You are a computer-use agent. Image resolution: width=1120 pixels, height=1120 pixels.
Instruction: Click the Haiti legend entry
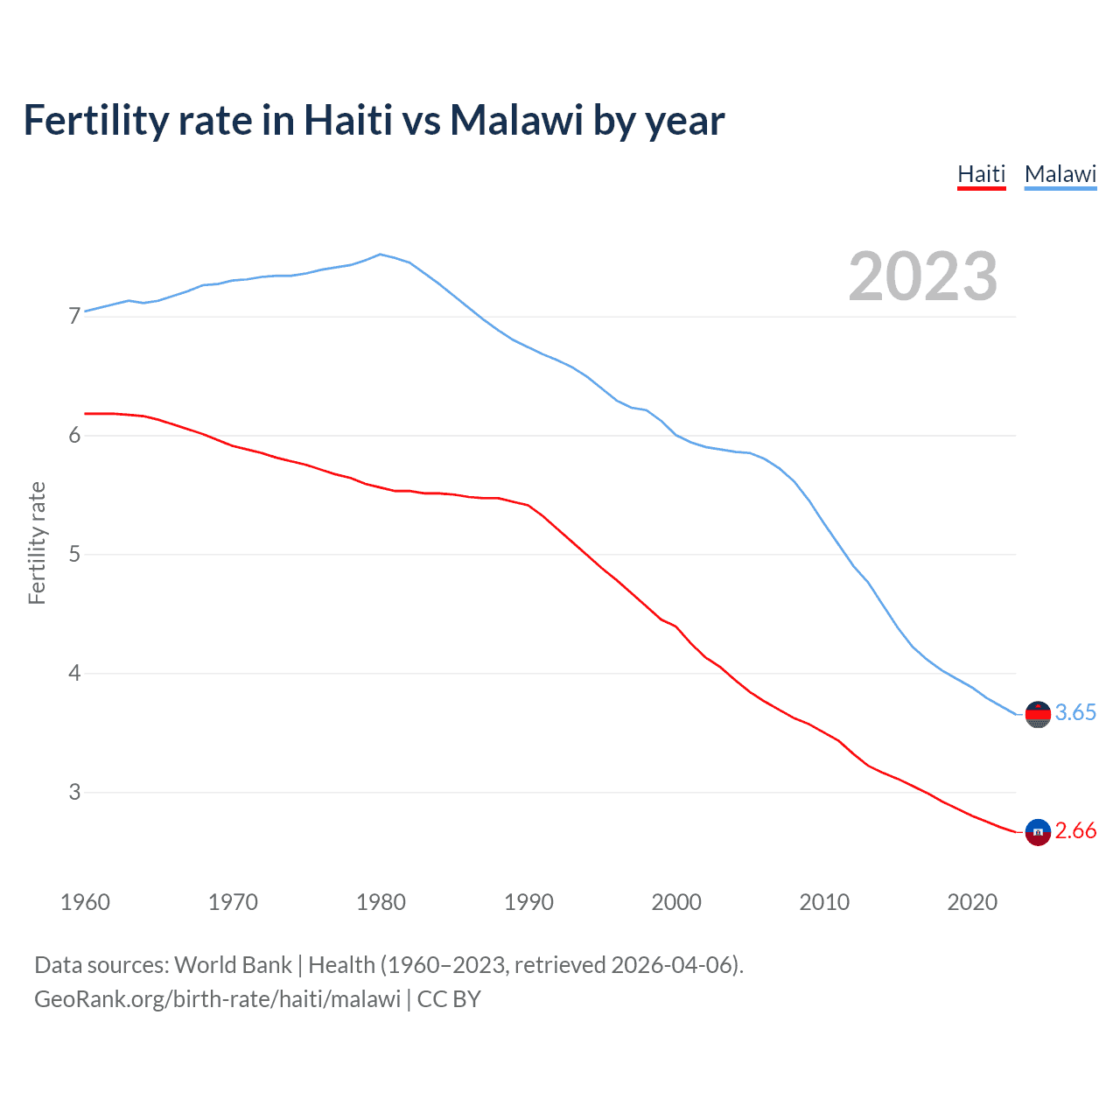click(981, 174)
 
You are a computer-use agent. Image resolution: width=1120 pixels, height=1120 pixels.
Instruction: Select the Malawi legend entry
click(1060, 174)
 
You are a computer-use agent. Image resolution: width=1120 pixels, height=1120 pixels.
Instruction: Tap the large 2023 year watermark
click(923, 276)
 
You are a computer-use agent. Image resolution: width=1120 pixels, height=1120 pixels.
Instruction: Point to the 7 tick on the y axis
click(74, 316)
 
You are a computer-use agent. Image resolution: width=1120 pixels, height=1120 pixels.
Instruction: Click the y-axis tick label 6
click(74, 435)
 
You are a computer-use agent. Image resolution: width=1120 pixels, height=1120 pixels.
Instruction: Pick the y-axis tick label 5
click(74, 554)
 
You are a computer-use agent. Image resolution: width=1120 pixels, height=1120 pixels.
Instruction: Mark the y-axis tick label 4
click(74, 673)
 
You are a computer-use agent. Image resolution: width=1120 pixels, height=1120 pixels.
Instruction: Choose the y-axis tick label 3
click(74, 792)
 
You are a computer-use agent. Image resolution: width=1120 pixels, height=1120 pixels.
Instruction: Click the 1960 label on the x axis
click(85, 902)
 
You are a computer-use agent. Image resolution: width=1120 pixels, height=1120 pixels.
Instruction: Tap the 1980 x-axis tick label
click(381, 902)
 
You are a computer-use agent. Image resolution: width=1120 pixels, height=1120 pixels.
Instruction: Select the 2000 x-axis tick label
click(676, 902)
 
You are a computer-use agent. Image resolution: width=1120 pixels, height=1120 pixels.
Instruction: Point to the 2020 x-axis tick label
click(972, 902)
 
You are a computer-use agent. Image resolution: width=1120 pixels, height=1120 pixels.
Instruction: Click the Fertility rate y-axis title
click(37, 542)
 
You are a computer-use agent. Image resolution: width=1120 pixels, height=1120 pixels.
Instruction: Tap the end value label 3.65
click(1075, 712)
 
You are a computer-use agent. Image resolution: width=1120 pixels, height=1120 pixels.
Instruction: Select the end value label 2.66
click(1075, 830)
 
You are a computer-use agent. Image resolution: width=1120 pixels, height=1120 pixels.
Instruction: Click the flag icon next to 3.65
click(1038, 714)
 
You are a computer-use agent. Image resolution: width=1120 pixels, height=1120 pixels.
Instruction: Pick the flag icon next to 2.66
click(1038, 832)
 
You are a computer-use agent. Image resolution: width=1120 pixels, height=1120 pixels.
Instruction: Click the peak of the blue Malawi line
click(380, 255)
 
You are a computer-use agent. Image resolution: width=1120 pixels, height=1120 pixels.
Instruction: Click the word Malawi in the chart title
click(516, 120)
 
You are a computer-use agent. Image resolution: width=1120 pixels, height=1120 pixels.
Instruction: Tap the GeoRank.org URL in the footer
click(217, 999)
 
